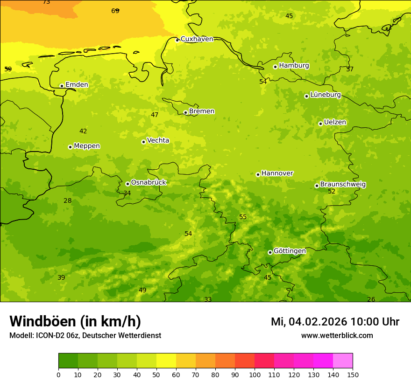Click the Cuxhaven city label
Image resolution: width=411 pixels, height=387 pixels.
click(197, 39)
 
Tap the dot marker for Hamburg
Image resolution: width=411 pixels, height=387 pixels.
click(275, 67)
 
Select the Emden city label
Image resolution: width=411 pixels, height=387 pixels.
click(77, 85)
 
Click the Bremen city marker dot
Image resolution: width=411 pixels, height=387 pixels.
click(185, 112)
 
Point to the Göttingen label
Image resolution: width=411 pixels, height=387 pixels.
click(290, 251)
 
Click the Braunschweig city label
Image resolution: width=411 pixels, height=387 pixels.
click(343, 185)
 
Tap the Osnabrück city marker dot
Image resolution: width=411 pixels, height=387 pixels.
click(128, 184)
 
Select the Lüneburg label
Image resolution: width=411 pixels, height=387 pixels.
click(326, 95)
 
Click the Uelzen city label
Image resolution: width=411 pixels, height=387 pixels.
click(335, 123)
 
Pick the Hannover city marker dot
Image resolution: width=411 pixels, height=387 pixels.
click(258, 174)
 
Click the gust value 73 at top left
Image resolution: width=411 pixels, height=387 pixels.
click(46, 2)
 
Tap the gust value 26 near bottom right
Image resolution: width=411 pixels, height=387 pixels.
click(371, 299)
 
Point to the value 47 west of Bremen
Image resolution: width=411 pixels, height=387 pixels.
click(155, 115)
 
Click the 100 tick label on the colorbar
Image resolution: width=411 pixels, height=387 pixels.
click(255, 374)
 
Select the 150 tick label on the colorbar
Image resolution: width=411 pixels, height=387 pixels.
click(353, 374)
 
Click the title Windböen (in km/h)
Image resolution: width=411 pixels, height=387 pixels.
click(75, 321)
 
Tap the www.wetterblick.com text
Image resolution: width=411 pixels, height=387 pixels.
click(337, 336)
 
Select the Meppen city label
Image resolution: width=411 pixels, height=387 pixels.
click(87, 146)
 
